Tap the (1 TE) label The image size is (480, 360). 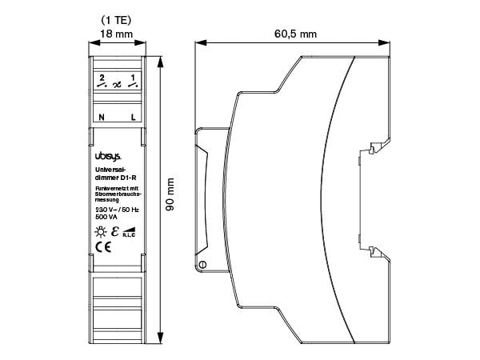[x=116, y=18]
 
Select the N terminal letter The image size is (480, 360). [x=101, y=117]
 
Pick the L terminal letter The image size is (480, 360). [x=133, y=117]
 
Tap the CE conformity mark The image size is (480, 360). [x=103, y=247]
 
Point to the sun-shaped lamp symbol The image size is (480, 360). [x=100, y=232]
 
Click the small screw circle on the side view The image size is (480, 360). [x=203, y=265]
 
